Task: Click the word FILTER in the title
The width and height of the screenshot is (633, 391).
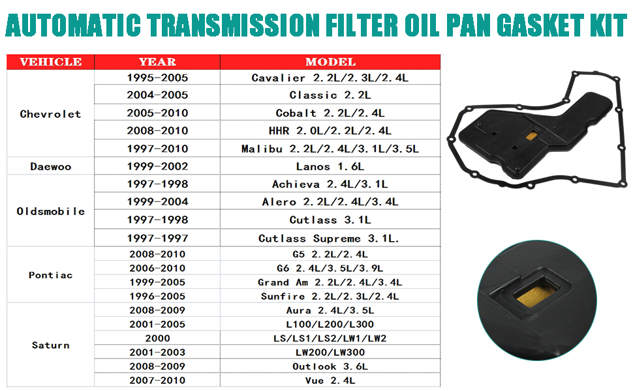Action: (x=362, y=25)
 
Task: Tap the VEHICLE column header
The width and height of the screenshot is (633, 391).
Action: (x=50, y=62)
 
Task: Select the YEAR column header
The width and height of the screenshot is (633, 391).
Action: (x=157, y=62)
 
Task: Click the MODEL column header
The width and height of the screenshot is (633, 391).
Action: (x=330, y=62)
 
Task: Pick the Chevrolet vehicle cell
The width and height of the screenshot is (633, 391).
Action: (x=50, y=114)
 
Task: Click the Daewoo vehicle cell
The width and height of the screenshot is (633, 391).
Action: (x=50, y=166)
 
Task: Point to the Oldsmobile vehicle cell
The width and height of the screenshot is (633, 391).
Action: (x=50, y=211)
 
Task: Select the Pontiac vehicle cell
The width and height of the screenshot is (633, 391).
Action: (x=50, y=275)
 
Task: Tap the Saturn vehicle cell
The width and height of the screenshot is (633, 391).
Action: (x=50, y=345)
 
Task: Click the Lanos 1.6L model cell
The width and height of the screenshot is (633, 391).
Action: (x=330, y=166)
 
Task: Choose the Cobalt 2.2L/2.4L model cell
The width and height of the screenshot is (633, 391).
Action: (x=330, y=113)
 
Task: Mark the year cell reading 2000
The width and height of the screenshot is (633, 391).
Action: (x=157, y=338)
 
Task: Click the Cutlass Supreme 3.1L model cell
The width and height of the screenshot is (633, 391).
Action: (x=330, y=239)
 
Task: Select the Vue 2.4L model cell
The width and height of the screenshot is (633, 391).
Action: (x=330, y=380)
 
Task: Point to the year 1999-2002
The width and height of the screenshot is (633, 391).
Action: (x=157, y=166)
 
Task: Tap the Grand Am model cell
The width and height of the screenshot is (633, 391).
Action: (x=330, y=282)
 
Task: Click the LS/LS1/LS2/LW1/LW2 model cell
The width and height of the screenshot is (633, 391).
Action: (x=330, y=338)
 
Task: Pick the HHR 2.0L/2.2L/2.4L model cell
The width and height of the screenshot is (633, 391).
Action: (x=330, y=130)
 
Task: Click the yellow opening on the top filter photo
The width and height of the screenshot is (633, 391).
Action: (x=531, y=136)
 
